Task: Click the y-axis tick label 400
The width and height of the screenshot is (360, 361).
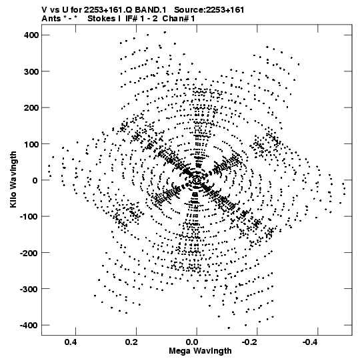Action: (31, 35)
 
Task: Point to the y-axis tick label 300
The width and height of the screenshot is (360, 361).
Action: (31, 71)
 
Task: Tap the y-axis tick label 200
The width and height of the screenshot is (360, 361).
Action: (31, 107)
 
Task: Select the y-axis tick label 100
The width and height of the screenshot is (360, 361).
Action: (31, 144)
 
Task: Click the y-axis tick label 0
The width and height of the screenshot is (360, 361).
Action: (35, 180)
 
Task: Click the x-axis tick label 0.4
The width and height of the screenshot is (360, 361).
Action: (71, 342)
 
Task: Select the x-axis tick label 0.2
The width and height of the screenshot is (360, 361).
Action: (131, 342)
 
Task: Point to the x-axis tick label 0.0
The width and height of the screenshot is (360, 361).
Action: (191, 342)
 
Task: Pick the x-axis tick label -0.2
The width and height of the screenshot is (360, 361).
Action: (250, 342)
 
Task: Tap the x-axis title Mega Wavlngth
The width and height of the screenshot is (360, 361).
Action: (200, 351)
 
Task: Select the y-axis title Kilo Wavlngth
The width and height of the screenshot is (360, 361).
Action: (13, 179)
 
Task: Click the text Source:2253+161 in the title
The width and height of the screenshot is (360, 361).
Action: (209, 9)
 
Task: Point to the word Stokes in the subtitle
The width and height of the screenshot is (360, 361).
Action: (102, 19)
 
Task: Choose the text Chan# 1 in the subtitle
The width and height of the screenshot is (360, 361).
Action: (178, 19)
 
